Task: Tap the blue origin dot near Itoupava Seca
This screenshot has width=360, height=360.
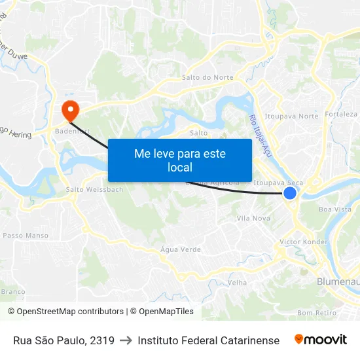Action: point(290,193)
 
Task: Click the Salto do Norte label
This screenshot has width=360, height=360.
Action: point(208,77)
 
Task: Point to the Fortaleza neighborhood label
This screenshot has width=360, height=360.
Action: point(342,114)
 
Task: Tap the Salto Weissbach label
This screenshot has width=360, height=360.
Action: point(94,190)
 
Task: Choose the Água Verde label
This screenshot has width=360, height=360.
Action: point(181,249)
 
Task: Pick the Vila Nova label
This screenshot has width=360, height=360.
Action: point(253,218)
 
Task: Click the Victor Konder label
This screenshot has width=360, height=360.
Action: point(303,242)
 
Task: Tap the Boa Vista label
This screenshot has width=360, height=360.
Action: point(334,209)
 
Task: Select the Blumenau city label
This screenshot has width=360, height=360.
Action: point(338,281)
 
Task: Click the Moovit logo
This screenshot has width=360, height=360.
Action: point(321,340)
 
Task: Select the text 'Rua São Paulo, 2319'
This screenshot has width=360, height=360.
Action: point(63,340)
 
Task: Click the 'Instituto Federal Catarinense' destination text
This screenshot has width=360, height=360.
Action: point(208,340)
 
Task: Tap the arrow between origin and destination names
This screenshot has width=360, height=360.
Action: point(126,340)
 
